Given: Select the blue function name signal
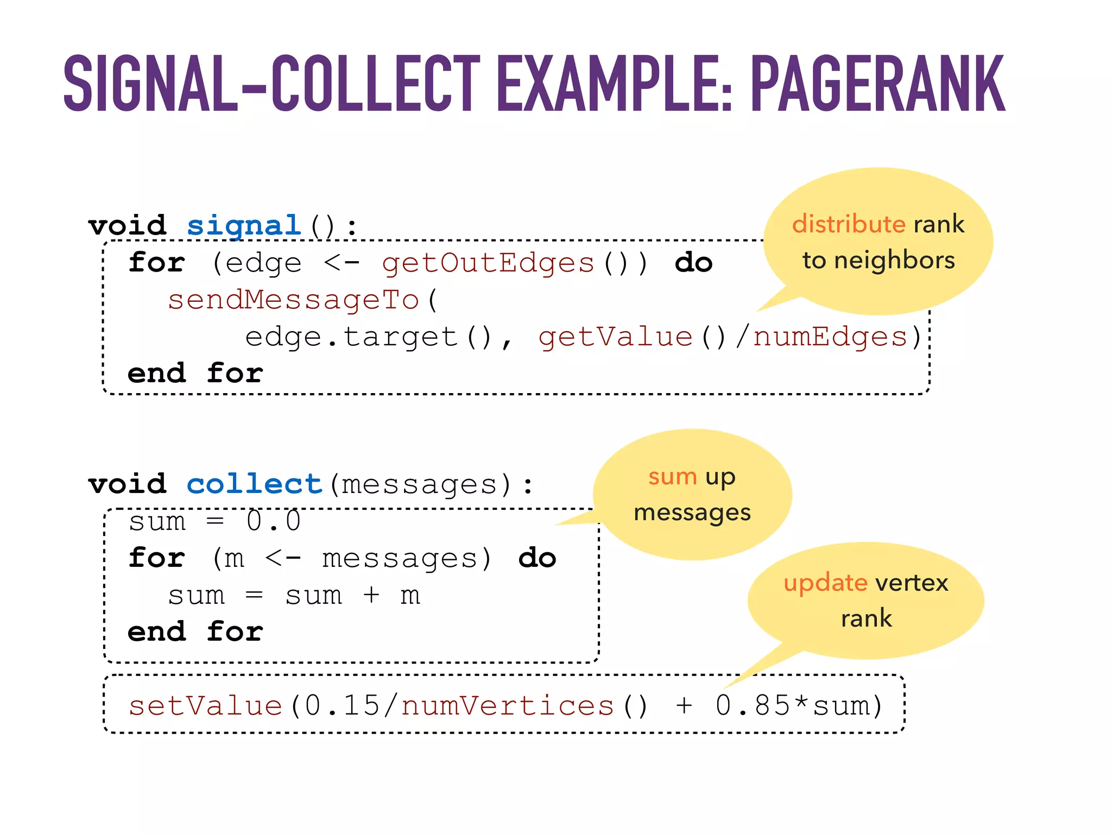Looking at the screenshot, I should [x=244, y=225].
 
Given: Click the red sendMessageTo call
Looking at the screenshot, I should [x=293, y=300].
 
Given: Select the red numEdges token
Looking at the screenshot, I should [x=830, y=337].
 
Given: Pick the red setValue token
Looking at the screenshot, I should [x=205, y=706].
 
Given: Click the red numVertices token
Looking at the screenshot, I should [x=507, y=706].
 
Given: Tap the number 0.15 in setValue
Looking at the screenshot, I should [x=342, y=706].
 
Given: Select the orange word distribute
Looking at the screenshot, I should [x=848, y=224].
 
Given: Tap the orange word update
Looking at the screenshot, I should [x=825, y=583].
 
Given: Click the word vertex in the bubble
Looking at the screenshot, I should [x=912, y=583].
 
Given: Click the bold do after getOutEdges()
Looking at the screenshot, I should [x=693, y=263].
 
